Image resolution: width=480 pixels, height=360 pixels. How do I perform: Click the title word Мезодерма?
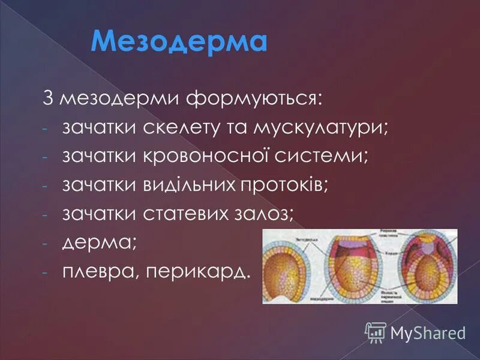click(x=179, y=41)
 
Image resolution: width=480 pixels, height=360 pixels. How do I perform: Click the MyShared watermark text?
click(x=428, y=331)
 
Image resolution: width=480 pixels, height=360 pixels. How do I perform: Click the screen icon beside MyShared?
click(x=376, y=331)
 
